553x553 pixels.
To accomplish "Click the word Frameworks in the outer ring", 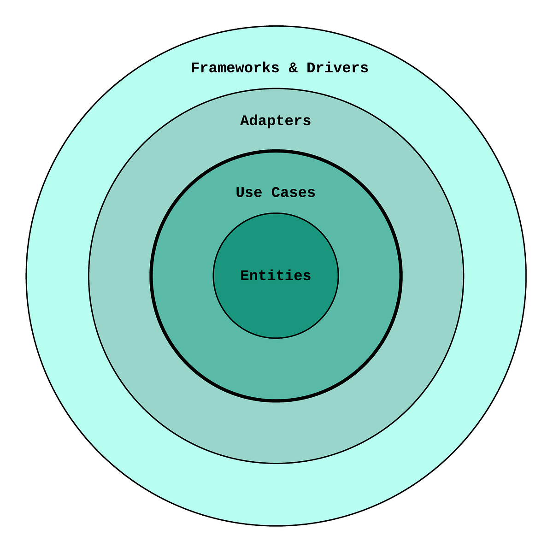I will tap(235, 68).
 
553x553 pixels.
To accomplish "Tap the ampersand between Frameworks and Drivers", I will tap(293, 68).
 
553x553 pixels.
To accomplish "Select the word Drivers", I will tap(337, 68).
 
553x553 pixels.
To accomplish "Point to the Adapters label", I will tap(276, 121).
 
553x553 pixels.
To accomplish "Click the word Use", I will tap(249, 193).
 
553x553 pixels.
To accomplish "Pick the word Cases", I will tap(293, 193).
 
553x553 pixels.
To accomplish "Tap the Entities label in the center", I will tap(276, 276).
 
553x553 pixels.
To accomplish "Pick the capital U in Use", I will tap(240, 193).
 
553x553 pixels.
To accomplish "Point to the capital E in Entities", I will tap(245, 276).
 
